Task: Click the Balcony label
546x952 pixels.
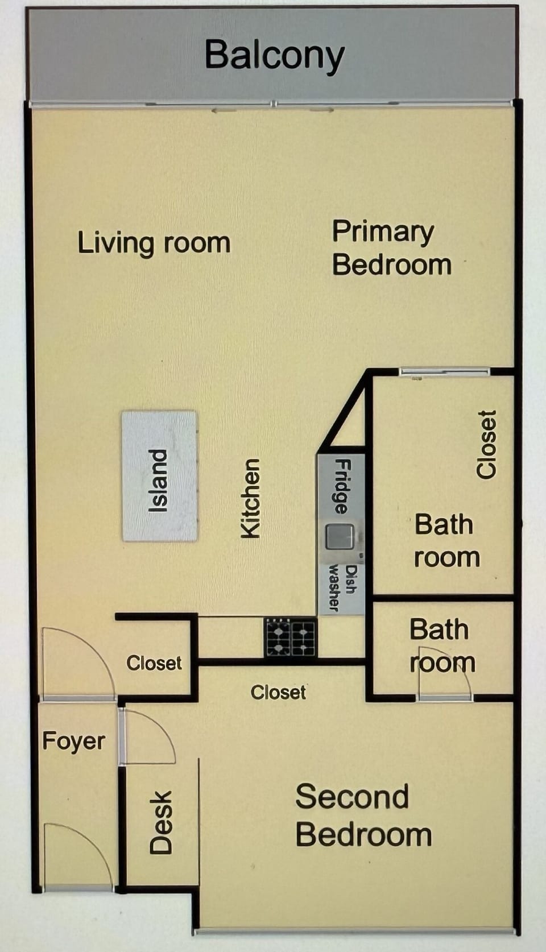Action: pyautogui.click(x=274, y=56)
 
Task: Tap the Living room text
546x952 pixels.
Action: pyautogui.click(x=154, y=243)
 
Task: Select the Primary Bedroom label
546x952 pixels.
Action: pyautogui.click(x=391, y=249)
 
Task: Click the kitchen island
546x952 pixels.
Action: pyautogui.click(x=159, y=475)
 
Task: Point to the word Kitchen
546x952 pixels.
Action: pyautogui.click(x=250, y=498)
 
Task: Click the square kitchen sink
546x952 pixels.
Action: pyautogui.click(x=340, y=537)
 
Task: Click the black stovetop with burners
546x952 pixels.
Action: pyautogui.click(x=291, y=638)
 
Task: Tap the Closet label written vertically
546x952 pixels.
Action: pyautogui.click(x=486, y=445)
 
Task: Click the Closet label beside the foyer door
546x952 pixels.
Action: pyautogui.click(x=154, y=663)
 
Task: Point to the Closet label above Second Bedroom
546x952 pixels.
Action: pyautogui.click(x=278, y=692)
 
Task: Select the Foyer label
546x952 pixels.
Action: pyautogui.click(x=74, y=742)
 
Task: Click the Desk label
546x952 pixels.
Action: pyautogui.click(x=161, y=822)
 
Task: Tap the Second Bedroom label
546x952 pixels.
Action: pyautogui.click(x=363, y=816)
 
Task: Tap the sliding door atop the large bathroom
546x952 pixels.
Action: pyautogui.click(x=444, y=372)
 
